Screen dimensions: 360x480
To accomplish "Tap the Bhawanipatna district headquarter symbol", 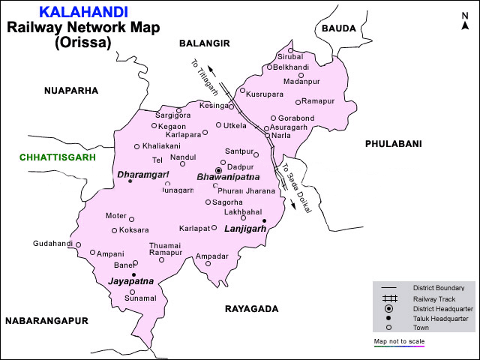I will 218,171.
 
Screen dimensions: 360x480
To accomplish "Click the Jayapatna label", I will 130,281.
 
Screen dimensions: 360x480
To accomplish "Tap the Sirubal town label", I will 290,56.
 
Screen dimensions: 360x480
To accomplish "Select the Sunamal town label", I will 140,298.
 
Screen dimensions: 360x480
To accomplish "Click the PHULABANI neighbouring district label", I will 393,143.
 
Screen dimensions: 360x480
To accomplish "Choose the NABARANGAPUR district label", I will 46,320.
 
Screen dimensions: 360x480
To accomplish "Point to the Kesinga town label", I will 214,106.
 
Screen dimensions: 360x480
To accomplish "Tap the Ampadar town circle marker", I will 208,263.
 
